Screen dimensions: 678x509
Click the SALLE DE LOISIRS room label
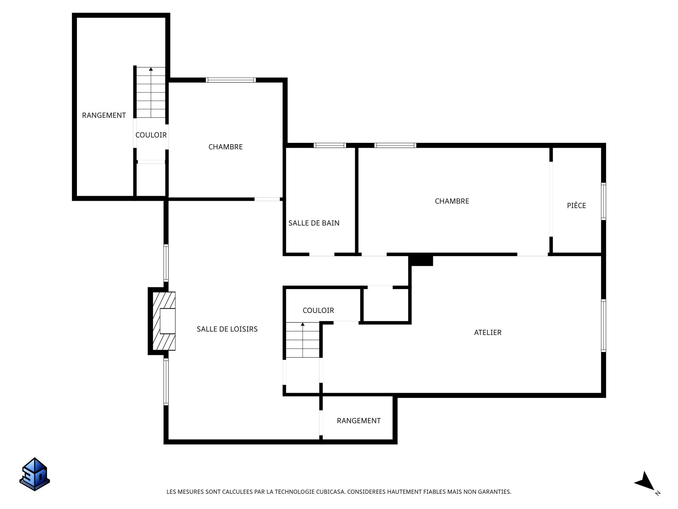pyautogui.click(x=227, y=329)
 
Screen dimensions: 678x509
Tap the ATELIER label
pyautogui.click(x=488, y=333)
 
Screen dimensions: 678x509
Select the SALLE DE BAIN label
pyautogui.click(x=314, y=223)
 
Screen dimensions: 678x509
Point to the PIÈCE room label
pyautogui.click(x=576, y=205)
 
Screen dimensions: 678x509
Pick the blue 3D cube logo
pyautogui.click(x=35, y=474)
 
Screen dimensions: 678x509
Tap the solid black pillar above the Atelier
pyautogui.click(x=421, y=261)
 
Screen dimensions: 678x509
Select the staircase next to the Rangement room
pyautogui.click(x=151, y=92)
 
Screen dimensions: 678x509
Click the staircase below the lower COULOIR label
pyautogui.click(x=303, y=340)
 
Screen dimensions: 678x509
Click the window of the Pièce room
pyautogui.click(x=603, y=201)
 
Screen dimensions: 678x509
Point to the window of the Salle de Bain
pyautogui.click(x=330, y=145)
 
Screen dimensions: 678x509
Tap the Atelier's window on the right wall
pyautogui.click(x=603, y=326)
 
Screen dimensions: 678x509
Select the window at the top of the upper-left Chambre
pyautogui.click(x=231, y=80)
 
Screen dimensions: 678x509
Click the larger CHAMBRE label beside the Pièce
pyautogui.click(x=452, y=201)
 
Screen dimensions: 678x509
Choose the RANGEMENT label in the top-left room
pyautogui.click(x=104, y=115)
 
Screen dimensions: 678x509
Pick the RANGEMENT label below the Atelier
pyautogui.click(x=359, y=421)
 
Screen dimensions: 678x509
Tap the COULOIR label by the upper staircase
pyautogui.click(x=151, y=135)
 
